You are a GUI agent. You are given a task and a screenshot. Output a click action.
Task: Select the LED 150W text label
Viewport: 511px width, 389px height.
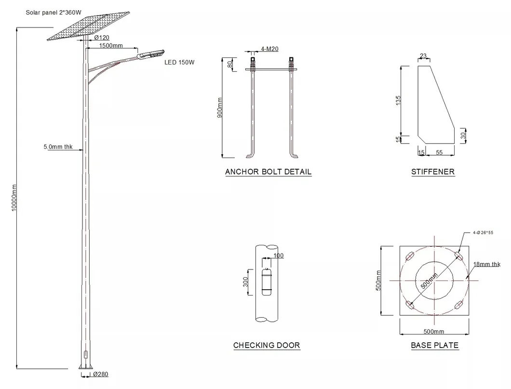(x=179, y=62)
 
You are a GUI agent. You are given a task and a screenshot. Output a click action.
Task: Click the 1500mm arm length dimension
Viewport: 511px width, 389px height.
(x=111, y=46)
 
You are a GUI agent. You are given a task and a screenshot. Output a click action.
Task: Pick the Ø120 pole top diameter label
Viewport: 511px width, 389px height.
(x=102, y=38)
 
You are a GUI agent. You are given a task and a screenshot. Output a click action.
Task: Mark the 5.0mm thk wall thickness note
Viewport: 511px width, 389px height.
(x=56, y=148)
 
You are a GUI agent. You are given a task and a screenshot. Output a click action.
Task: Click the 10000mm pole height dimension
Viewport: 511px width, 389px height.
(x=14, y=198)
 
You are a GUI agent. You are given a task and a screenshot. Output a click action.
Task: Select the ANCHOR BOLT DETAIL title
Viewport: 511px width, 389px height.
(x=268, y=172)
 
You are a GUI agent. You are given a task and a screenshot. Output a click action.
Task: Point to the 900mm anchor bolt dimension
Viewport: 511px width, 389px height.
(x=220, y=108)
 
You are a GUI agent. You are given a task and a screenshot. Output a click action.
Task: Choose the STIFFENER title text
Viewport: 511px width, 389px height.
(x=432, y=172)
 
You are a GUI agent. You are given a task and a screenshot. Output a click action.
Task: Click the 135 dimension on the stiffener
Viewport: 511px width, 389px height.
(x=398, y=102)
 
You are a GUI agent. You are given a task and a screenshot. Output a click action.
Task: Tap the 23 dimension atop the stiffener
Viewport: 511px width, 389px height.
(x=423, y=56)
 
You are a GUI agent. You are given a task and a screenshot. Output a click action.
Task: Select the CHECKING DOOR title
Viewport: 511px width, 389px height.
(x=266, y=345)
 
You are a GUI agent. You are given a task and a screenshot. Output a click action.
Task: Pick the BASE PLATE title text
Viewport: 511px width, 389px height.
(x=434, y=345)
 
